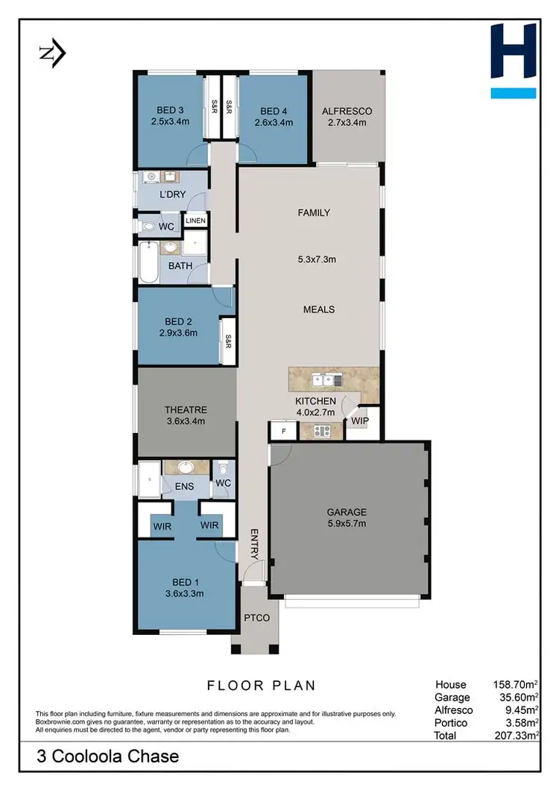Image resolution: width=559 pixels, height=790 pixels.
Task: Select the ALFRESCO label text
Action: click(347, 111)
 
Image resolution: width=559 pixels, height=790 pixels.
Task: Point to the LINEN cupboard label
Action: click(195, 221)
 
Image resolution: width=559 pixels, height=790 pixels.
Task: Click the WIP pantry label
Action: click(360, 421)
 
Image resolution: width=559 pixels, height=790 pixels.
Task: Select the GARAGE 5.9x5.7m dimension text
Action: click(347, 523)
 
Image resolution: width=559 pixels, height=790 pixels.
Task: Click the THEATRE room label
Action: click(186, 410)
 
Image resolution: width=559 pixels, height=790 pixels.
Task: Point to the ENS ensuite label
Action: click(185, 487)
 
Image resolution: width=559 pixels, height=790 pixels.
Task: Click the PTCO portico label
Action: click(257, 618)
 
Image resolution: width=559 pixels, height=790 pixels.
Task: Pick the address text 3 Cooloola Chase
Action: click(109, 756)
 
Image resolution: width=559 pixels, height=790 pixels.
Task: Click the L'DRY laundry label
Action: click(172, 195)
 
